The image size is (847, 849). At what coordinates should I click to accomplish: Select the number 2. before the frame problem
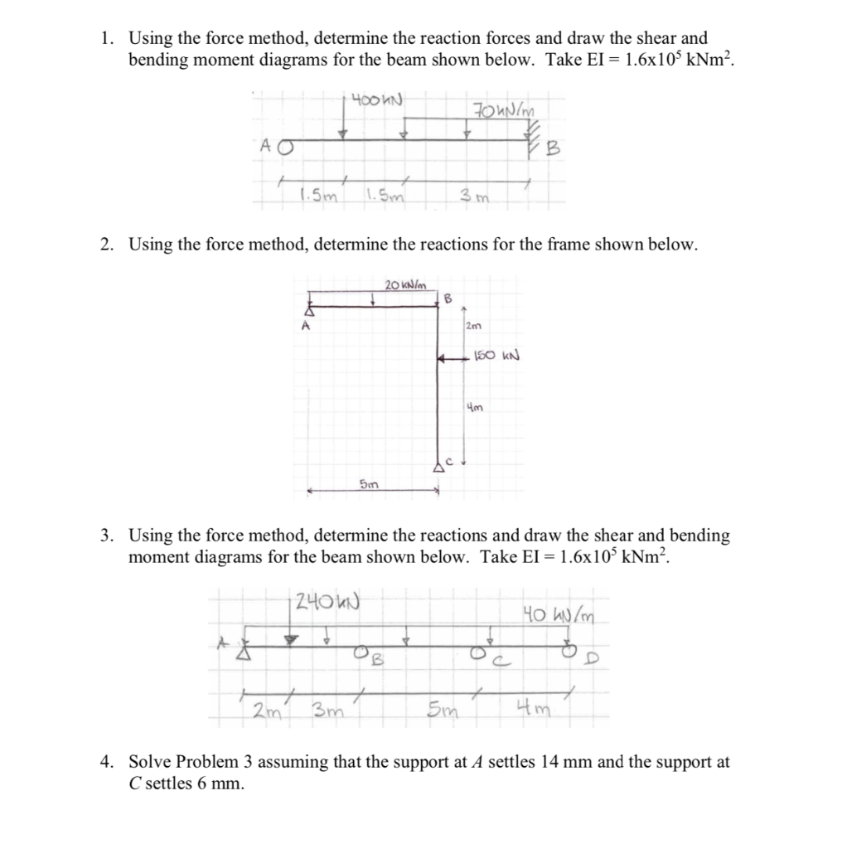(108, 245)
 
